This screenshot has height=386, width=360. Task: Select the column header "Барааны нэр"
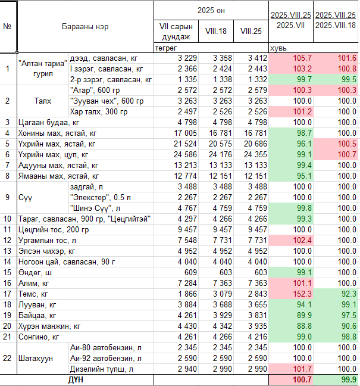tap(85, 27)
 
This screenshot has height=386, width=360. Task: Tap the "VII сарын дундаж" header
tap(176, 32)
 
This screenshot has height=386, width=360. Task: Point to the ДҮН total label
tap(76, 379)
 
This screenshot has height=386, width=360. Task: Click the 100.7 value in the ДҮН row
tap(302, 379)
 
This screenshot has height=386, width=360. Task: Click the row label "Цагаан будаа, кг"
tap(49, 122)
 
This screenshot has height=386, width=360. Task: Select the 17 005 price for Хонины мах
tap(186, 133)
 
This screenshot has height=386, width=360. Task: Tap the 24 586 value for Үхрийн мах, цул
tap(186, 155)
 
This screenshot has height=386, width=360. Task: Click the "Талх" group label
tap(43, 101)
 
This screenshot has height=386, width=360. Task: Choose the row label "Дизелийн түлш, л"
tap(102, 369)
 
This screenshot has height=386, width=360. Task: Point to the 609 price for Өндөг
tap(190, 272)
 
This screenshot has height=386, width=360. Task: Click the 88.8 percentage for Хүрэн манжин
tap(304, 326)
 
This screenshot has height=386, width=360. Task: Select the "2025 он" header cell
tap(211, 11)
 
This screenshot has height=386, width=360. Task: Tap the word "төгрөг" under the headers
tap(166, 48)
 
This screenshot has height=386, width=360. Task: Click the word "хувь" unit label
tap(278, 48)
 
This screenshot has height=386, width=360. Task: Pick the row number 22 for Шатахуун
tap(7, 358)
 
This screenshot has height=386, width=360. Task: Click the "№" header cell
tap(7, 26)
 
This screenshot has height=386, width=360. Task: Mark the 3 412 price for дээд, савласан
tap(258, 58)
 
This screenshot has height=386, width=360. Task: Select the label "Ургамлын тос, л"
tap(47, 241)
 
